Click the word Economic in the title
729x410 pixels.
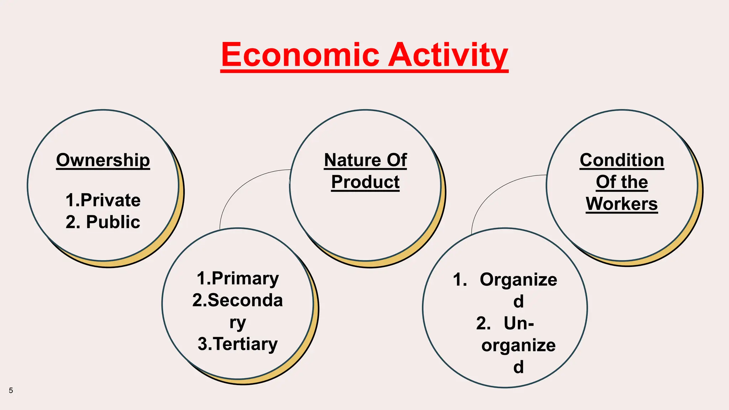click(x=300, y=55)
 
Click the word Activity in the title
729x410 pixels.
click(x=448, y=55)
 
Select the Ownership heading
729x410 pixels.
click(x=103, y=160)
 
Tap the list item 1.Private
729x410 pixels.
click(x=103, y=200)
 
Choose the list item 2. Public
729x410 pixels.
click(x=103, y=222)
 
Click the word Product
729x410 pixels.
click(x=365, y=182)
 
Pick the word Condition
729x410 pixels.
click(x=622, y=160)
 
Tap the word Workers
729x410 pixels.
click(x=622, y=204)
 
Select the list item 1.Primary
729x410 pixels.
click(x=238, y=278)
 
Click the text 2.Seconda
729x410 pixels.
click(x=238, y=300)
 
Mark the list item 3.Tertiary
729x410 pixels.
click(x=238, y=344)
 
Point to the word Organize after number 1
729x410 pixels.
click(x=518, y=280)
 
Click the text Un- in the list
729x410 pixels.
click(x=519, y=324)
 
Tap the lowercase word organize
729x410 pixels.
click(x=518, y=346)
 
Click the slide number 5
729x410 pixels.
click(x=11, y=390)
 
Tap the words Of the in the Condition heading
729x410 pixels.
click(x=622, y=182)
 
